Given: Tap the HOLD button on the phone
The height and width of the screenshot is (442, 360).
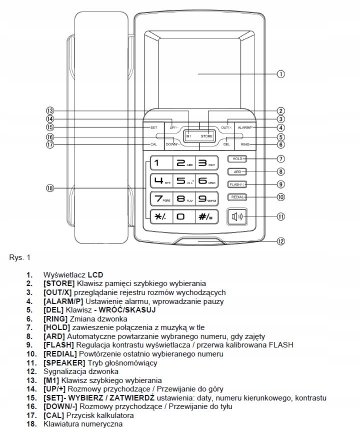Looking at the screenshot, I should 237,159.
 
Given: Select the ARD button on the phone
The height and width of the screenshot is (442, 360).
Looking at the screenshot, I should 237,171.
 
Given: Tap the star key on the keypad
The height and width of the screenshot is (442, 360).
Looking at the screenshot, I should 159,216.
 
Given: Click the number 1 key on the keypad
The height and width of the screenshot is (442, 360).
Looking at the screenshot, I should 159,163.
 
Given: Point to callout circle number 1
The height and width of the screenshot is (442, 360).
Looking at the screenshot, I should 281,74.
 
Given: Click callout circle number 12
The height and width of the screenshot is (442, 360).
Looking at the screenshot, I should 281,241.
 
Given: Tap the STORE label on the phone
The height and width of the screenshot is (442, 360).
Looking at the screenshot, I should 206,136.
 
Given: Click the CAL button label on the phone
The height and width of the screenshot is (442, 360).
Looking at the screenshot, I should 154,145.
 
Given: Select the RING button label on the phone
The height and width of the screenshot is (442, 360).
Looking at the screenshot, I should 245,145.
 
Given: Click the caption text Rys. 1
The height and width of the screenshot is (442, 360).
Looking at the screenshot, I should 20,258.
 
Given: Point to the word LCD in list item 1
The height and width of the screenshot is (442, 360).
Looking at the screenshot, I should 95,275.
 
